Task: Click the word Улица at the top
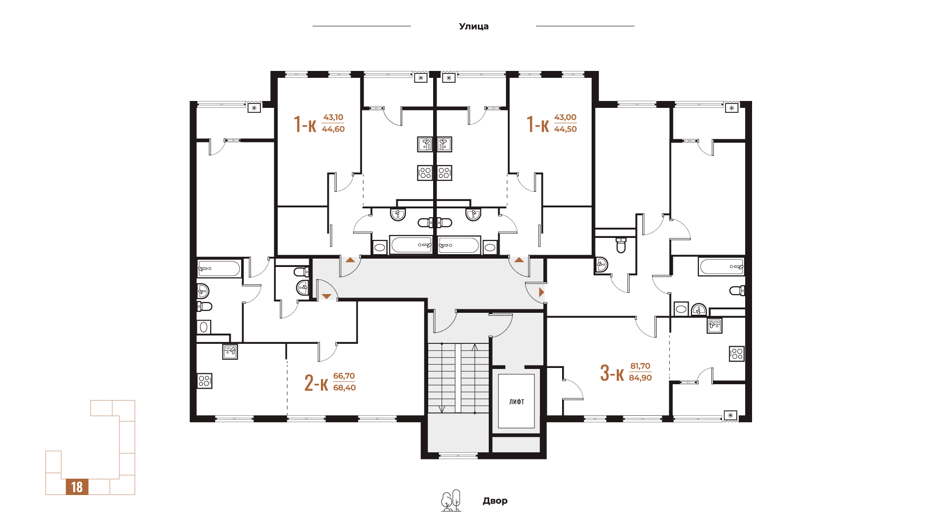click(473, 27)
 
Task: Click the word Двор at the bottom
click(495, 501)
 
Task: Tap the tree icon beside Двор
click(451, 500)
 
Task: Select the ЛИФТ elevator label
click(517, 402)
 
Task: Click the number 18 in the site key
click(77, 487)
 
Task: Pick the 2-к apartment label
click(316, 382)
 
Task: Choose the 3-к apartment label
click(612, 373)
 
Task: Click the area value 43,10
click(333, 117)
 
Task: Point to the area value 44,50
click(566, 129)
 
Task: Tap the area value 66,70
click(344, 376)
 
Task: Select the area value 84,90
click(640, 378)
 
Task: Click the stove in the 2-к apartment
click(205, 381)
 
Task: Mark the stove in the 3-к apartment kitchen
click(737, 354)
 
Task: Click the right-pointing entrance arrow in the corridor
click(541, 292)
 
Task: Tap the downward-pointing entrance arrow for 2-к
click(327, 296)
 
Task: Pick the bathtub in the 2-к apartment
click(219, 268)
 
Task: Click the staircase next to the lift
click(458, 378)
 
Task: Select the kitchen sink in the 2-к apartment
click(230, 352)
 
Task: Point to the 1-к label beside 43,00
click(537, 124)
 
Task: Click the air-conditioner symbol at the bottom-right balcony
click(730, 415)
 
